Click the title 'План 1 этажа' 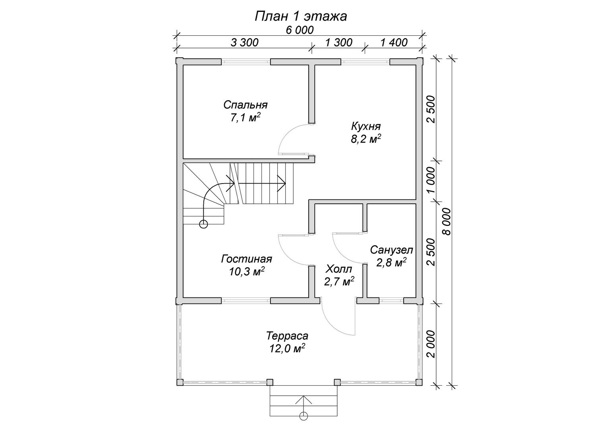pos(301,16)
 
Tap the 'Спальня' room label pos(246,105)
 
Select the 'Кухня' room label pos(366,126)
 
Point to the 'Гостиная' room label pos(247,259)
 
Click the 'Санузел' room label pos(392,250)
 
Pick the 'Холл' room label pos(339,269)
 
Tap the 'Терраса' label pos(287,336)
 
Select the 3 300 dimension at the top pos(245,43)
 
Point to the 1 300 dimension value pos(339,43)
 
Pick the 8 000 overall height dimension pos(447,222)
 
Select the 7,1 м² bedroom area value pos(246,118)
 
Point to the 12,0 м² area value pos(287,349)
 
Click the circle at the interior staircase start pos(203,224)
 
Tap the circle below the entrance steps pos(304,424)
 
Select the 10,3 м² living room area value pos(247,272)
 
